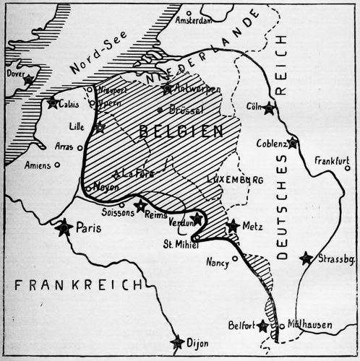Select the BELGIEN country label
pyautogui.click(x=178, y=132)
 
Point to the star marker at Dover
pyautogui.click(x=28, y=80)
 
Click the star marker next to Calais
pyautogui.click(x=53, y=103)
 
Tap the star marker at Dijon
pyautogui.click(x=177, y=342)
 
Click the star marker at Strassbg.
pyautogui.click(x=307, y=258)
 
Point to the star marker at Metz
pyautogui.click(x=232, y=227)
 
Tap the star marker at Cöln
pyautogui.click(x=269, y=109)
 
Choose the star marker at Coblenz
pyautogui.click(x=292, y=142)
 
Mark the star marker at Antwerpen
pyautogui.click(x=168, y=88)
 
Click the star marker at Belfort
pyautogui.click(x=262, y=326)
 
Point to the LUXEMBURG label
pyautogui.click(x=236, y=178)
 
